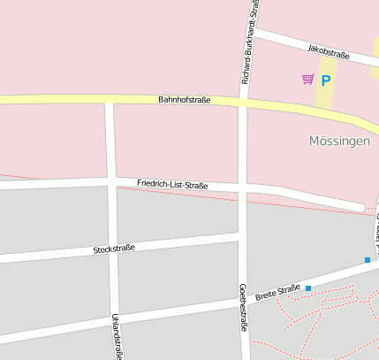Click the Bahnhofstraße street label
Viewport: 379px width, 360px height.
[x=185, y=100]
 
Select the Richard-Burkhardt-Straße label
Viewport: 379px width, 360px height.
[x=250, y=44]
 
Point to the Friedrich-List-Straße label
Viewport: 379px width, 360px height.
[x=172, y=184]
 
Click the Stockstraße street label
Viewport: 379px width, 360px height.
[x=114, y=249]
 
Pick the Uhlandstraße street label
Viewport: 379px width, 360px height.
[x=116, y=334]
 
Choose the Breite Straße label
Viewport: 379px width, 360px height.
[x=277, y=291]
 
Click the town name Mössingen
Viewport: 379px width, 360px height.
[x=339, y=141]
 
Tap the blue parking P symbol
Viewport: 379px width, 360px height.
[x=325, y=80]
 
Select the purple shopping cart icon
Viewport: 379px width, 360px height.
[x=307, y=80]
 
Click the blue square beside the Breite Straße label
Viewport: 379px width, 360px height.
[x=308, y=288]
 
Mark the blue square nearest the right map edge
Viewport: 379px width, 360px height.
[x=368, y=259]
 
